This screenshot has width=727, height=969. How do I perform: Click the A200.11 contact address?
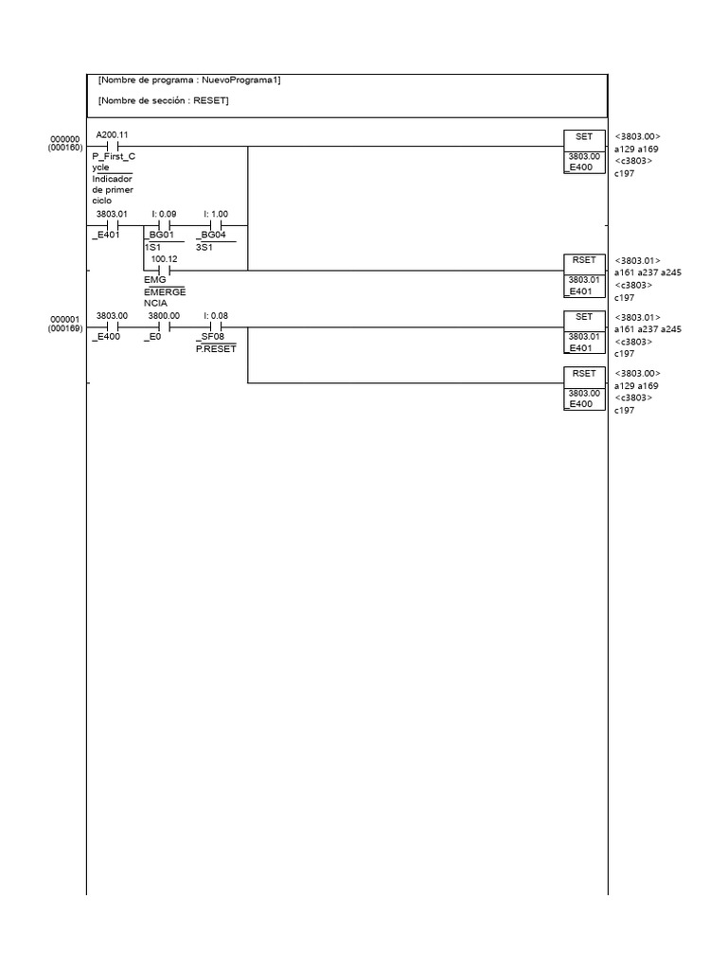click(x=112, y=135)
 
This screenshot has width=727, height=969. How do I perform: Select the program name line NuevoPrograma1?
click(x=189, y=79)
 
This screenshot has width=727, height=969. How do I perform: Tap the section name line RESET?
click(x=163, y=100)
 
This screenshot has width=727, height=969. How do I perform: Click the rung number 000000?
click(x=65, y=139)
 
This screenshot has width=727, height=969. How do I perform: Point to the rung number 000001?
click(x=65, y=319)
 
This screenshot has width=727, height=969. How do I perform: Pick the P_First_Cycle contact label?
click(x=113, y=161)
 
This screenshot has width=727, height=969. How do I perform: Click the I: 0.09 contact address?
click(x=164, y=214)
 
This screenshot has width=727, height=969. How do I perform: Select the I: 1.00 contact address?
click(x=215, y=214)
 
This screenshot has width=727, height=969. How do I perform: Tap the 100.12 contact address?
click(x=164, y=258)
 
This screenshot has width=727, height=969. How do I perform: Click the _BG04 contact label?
click(x=211, y=235)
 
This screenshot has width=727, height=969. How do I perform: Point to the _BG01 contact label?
click(x=160, y=235)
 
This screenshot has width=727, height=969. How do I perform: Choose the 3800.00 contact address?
click(x=164, y=316)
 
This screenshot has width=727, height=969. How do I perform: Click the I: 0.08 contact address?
click(x=215, y=316)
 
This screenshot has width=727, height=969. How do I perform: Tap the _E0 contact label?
click(x=153, y=336)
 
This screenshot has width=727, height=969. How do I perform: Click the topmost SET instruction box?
click(x=583, y=137)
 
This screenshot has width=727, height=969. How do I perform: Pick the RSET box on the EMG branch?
click(x=583, y=260)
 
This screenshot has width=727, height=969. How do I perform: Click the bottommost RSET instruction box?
click(x=583, y=374)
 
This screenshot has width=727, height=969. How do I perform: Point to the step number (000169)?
click(x=65, y=328)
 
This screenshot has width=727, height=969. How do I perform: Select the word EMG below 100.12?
click(x=153, y=281)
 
